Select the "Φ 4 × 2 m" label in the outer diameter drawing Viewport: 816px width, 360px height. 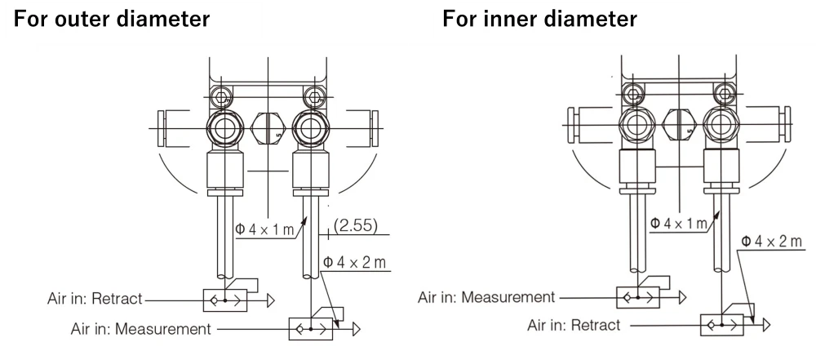click(353, 263)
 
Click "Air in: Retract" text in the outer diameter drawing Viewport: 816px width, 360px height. click(95, 299)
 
